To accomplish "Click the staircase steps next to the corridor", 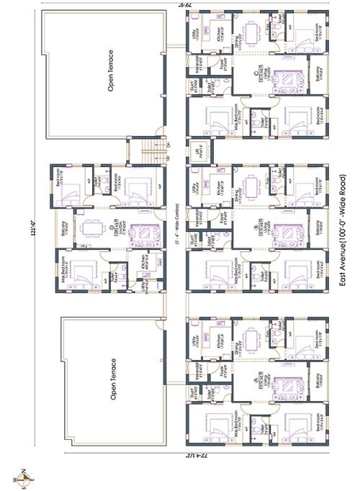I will tap(149, 152).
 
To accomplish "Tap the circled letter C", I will tap(256, 71).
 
